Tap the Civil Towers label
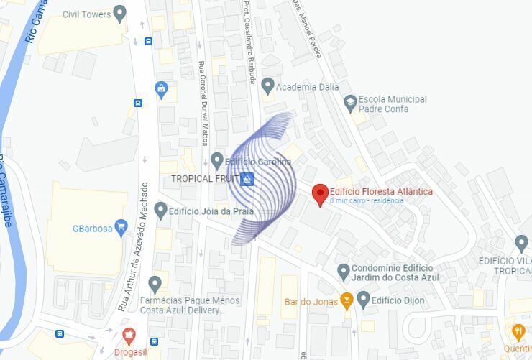pyautogui.click(x=86, y=14)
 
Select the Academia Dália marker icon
pyautogui.click(x=268, y=86)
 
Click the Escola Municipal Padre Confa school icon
pyautogui.click(x=350, y=103)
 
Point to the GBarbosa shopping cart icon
pyautogui.click(x=121, y=228)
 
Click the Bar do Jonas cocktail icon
pyautogui.click(x=347, y=301)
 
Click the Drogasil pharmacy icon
pyautogui.click(x=129, y=335)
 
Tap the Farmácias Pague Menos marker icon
pyautogui.click(x=155, y=284)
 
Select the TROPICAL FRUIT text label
pyautogui.click(x=203, y=178)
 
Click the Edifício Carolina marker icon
pyautogui.click(x=217, y=161)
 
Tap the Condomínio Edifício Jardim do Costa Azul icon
pyautogui.click(x=344, y=272)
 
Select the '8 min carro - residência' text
pyautogui.click(x=367, y=201)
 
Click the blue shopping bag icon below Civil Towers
pyautogui.click(x=161, y=90)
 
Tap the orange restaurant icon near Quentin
pyautogui.click(x=518, y=331)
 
